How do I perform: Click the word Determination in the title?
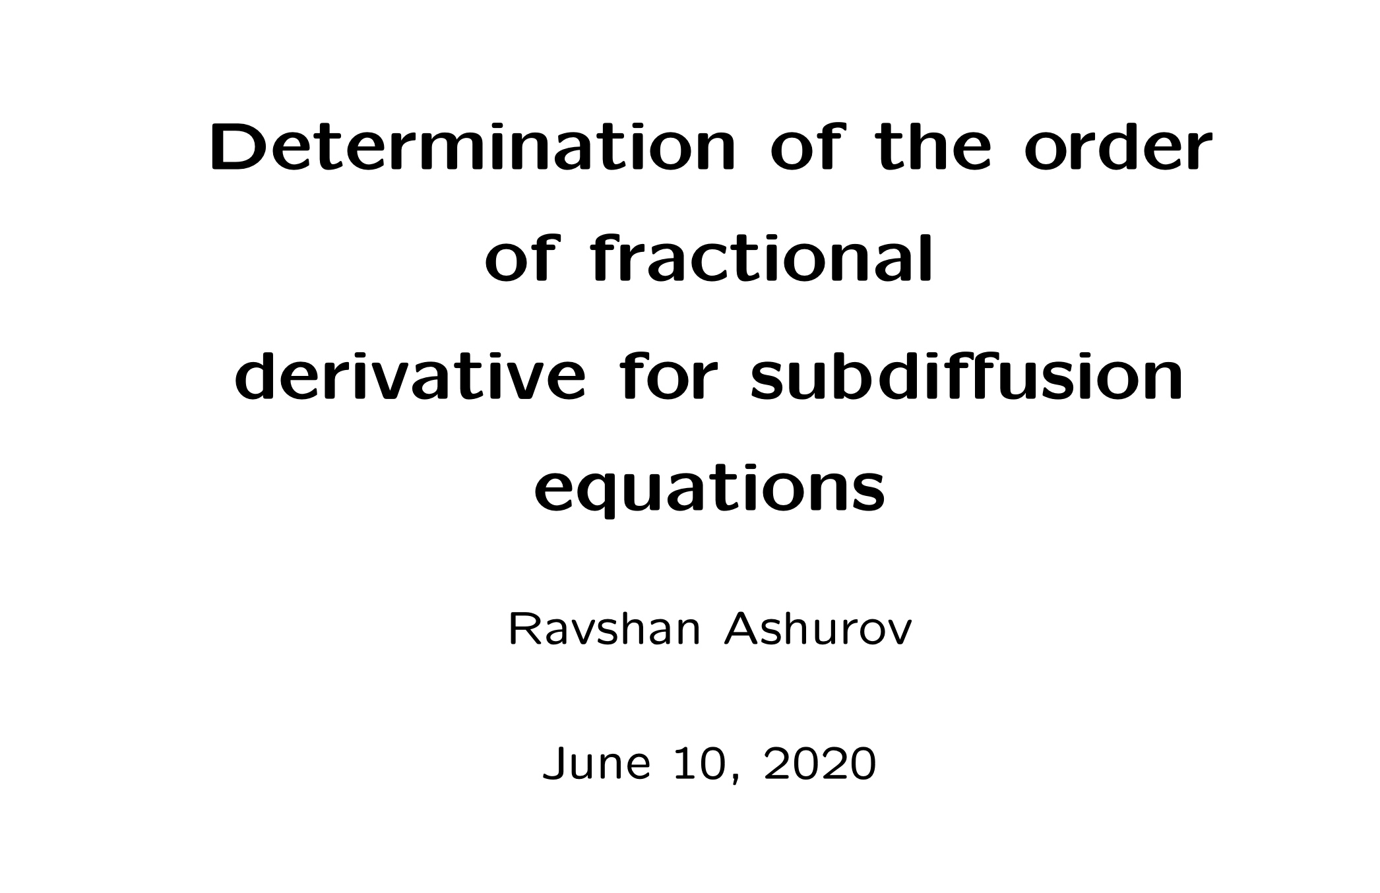pos(471,148)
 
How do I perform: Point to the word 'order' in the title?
pos(1118,148)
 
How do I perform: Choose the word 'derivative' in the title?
pos(410,378)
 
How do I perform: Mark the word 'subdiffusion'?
pos(966,378)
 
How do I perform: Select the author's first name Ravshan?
pos(604,630)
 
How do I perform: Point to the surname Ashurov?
pos(818,630)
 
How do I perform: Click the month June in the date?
pos(596,765)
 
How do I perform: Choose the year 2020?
pos(820,765)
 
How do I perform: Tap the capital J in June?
pos(553,765)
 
